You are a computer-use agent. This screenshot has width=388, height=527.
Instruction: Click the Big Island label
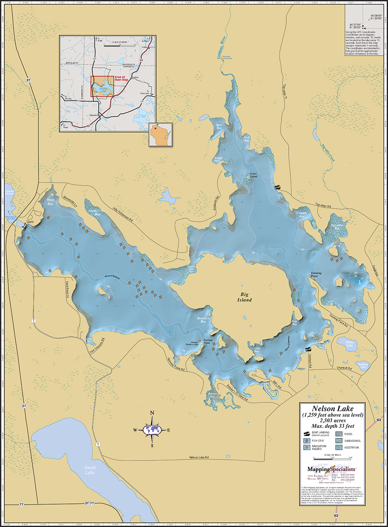(x=244, y=297)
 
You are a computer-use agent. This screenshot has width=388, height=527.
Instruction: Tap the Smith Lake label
(x=90, y=470)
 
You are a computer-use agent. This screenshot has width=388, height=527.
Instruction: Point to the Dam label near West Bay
(x=30, y=222)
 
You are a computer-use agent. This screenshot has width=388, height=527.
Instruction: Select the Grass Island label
(x=253, y=175)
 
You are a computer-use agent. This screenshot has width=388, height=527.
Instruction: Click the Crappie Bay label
(x=301, y=215)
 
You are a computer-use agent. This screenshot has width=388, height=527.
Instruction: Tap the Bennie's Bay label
(x=203, y=320)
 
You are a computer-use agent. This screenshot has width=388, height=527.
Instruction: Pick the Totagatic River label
(x=221, y=48)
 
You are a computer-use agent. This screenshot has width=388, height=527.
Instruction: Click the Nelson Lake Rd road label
(x=199, y=457)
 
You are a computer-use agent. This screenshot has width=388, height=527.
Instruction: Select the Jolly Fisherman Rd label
(x=123, y=214)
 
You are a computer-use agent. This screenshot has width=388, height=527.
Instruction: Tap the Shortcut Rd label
(x=344, y=368)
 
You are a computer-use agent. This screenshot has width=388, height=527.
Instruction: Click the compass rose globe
(x=152, y=429)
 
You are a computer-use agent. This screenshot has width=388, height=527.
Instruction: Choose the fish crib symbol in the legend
(x=307, y=441)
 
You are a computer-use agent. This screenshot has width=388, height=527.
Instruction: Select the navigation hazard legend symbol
(x=307, y=447)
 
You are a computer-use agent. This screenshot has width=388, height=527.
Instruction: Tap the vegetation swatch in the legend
(x=339, y=447)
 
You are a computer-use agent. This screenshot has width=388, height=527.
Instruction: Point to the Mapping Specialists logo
(x=332, y=469)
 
